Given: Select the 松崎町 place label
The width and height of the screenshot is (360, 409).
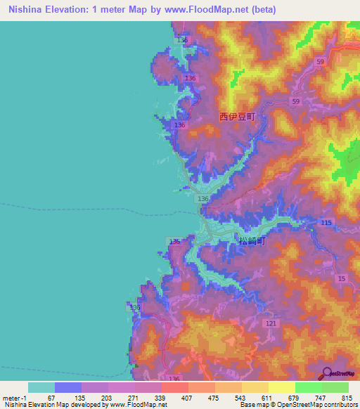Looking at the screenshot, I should [251, 241].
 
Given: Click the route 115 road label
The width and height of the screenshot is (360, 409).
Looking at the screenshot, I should [326, 223].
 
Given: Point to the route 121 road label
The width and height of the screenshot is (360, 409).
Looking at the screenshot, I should [271, 323].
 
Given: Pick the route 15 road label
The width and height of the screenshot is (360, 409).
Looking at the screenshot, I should [342, 280].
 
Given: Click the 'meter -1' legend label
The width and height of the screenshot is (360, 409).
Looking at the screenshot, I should [14, 398].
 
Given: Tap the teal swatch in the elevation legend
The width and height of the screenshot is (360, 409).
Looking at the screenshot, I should [41, 387].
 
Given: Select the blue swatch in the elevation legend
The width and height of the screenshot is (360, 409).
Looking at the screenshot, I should [68, 387].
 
